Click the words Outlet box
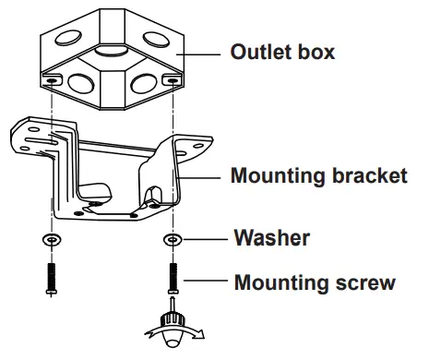click(x=281, y=53)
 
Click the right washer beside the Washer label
click(x=172, y=241)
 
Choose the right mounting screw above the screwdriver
click(x=172, y=276)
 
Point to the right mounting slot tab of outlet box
click(x=172, y=81)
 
